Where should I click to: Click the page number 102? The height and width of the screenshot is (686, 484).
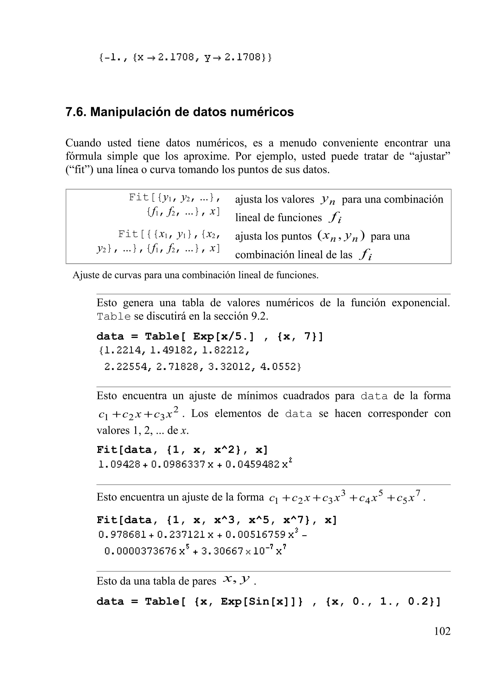coord(442,631)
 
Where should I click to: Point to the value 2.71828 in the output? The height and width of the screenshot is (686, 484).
coord(177,367)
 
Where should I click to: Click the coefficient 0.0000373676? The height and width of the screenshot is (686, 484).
coord(140,551)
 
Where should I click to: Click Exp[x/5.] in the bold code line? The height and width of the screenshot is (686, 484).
coord(223,337)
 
